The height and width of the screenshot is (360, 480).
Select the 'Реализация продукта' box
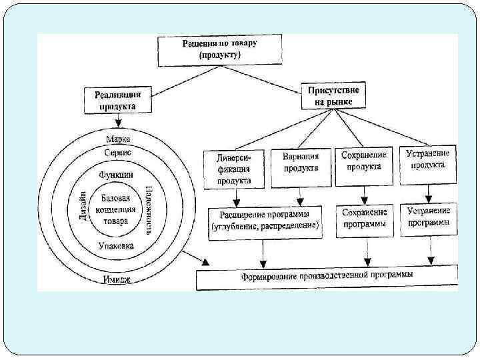[x=118, y=100]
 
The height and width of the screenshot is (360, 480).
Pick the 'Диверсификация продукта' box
[x=234, y=169]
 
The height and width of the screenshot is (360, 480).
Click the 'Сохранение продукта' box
[x=364, y=162]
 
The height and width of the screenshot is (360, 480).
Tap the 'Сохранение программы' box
[x=364, y=219]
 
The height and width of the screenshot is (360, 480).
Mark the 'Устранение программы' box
[x=428, y=217]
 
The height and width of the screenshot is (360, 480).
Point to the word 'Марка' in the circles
[x=119, y=139]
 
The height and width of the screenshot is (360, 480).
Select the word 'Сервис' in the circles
[x=118, y=153]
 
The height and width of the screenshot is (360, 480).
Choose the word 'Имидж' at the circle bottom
[x=117, y=279]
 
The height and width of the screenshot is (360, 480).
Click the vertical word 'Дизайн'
[x=82, y=208]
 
